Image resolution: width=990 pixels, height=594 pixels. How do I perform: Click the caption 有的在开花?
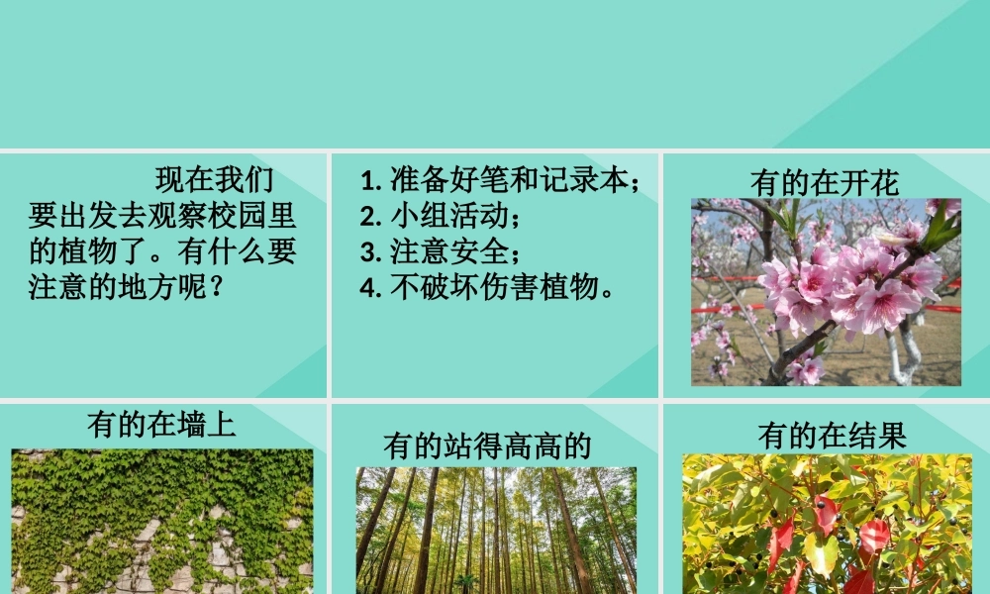click(825, 183)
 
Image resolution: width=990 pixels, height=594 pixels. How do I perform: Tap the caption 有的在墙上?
click(161, 425)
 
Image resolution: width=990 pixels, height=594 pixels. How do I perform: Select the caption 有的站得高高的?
click(487, 446)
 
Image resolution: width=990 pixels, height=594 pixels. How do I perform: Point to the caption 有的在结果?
click(832, 436)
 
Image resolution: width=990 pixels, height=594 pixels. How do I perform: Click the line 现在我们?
click(214, 180)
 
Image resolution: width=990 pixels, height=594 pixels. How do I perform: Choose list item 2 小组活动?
click(440, 216)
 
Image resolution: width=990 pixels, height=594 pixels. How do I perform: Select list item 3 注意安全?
click(440, 251)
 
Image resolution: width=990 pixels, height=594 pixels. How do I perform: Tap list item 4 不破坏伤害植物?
click(489, 287)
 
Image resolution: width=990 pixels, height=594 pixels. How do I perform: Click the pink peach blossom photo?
click(826, 291)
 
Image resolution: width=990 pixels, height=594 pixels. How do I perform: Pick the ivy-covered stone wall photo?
click(161, 521)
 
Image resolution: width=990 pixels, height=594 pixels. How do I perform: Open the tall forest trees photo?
click(496, 530)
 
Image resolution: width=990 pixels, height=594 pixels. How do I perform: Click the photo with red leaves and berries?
click(827, 524)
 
